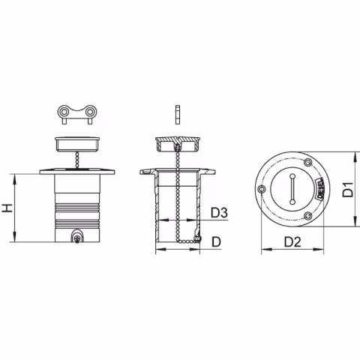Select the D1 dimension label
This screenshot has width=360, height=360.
(348, 190)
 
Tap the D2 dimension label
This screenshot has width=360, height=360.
(293, 241)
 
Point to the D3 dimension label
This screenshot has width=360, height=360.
(219, 213)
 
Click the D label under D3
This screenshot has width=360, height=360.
(216, 241)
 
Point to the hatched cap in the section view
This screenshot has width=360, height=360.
(177, 140)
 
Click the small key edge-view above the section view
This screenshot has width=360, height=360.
(177, 113)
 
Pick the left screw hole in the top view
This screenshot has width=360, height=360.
(260, 189)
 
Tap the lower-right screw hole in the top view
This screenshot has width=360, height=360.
(307, 216)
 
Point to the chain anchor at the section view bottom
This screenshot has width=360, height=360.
(196, 238)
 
